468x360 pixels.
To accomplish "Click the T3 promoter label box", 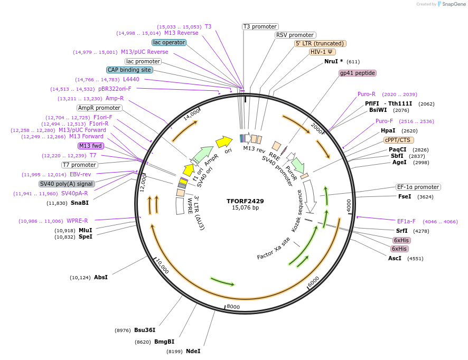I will pyautogui.click(x=260, y=26).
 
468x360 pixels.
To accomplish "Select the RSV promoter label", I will pyautogui.click(x=295, y=35).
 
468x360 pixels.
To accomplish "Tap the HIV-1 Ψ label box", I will pyautogui.click(x=322, y=52).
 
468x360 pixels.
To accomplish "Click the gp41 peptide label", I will pyautogui.click(x=358, y=73).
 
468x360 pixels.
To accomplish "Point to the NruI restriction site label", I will pyautogui.click(x=333, y=61).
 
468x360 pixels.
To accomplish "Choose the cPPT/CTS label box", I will pyautogui.click(x=399, y=140).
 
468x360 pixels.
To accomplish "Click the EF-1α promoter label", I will pyautogui.click(x=418, y=187).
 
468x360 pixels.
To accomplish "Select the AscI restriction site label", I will pyautogui.click(x=395, y=258).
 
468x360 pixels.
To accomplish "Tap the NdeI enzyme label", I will pyautogui.click(x=193, y=351).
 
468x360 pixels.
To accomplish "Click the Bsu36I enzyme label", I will pyautogui.click(x=144, y=330).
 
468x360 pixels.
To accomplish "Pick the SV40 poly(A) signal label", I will pyautogui.click(x=67, y=184).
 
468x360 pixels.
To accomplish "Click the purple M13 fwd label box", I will pyautogui.click(x=90, y=146).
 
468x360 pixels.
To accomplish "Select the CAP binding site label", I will pyautogui.click(x=129, y=70).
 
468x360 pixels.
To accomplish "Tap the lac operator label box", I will pyautogui.click(x=169, y=42).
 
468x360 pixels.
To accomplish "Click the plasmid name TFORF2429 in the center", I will pyautogui.click(x=245, y=201).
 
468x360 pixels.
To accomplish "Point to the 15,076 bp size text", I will pyautogui.click(x=245, y=208).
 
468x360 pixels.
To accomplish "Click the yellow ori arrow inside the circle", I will pyautogui.click(x=224, y=141).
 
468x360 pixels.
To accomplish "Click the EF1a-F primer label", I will pyautogui.click(x=406, y=221).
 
